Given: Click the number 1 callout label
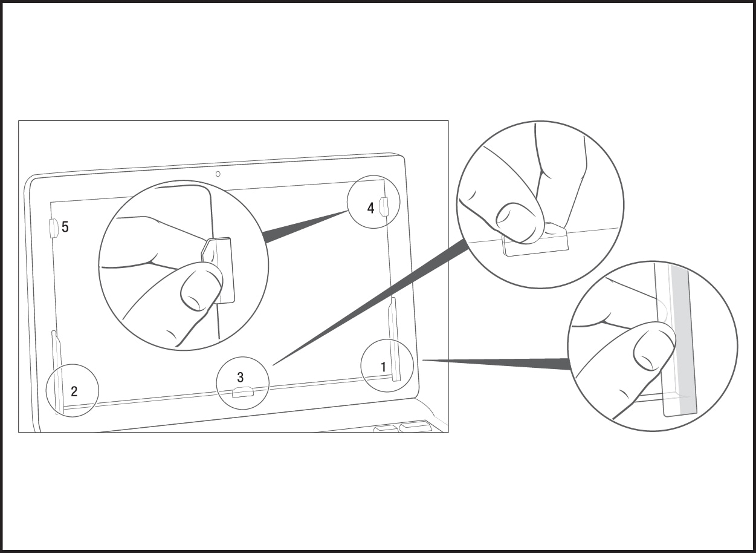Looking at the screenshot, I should pos(383,367).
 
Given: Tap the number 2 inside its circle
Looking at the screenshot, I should pos(74,391).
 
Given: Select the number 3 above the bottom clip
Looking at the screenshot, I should pos(240,378).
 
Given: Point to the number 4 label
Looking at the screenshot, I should pos(370,208).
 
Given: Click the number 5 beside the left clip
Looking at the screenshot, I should pos(65,227).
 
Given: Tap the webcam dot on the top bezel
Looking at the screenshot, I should pos(218,174).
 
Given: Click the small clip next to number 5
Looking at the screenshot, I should pos(53,227).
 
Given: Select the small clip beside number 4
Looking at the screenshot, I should pos(383,206).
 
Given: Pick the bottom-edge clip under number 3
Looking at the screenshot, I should pos(243,394).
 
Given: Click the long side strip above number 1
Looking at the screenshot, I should pos(394,339).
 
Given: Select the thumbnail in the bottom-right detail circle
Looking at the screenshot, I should pos(651,350).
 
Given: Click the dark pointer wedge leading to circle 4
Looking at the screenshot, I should pos(302,227).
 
